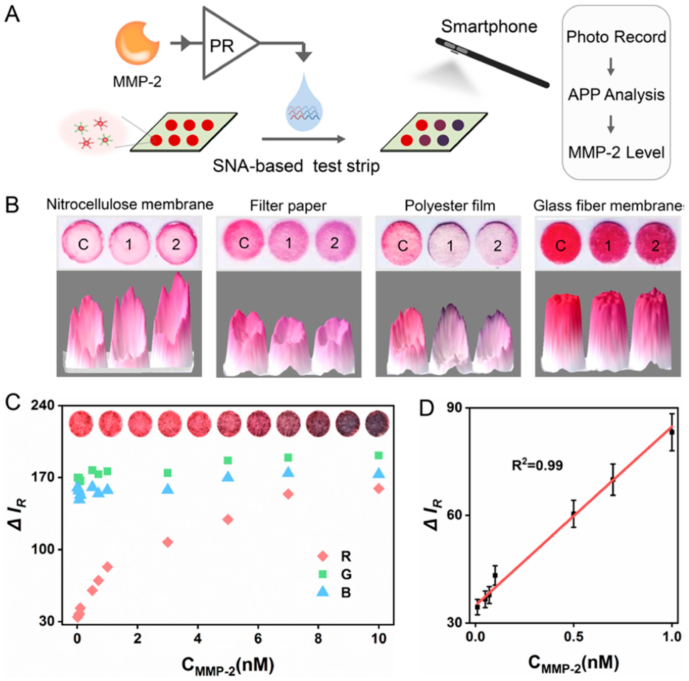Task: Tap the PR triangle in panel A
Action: pos(225,45)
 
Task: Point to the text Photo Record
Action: pos(616,37)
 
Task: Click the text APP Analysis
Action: pos(616,95)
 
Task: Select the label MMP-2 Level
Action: pos(616,153)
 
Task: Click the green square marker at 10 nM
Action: pos(379,455)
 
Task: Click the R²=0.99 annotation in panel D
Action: pos(537,466)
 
